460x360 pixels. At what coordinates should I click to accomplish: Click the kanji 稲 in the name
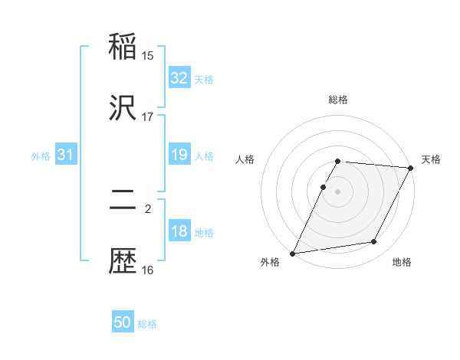[123, 46]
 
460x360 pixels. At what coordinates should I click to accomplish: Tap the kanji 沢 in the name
[123, 109]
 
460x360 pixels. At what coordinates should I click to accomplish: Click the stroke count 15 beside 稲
[148, 55]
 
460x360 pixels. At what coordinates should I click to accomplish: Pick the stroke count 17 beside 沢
[148, 117]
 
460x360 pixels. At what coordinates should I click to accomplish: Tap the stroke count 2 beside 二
[148, 208]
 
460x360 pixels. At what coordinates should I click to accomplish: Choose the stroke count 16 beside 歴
[148, 270]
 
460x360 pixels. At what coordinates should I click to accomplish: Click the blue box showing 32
[179, 78]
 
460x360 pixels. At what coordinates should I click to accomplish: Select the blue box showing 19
[179, 155]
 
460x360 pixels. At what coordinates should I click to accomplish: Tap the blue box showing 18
[179, 231]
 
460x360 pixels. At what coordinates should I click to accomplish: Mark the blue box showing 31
[65, 155]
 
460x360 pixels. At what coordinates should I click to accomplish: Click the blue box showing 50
[123, 322]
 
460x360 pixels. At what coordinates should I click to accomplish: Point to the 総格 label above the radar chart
[338, 100]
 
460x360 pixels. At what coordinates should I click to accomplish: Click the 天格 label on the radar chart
[431, 159]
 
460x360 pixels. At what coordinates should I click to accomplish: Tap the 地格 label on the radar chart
[402, 263]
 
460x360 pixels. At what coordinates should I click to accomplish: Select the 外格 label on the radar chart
[270, 263]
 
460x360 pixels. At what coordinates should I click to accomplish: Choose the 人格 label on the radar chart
[245, 159]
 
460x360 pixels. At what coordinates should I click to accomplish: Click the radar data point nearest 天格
[412, 168]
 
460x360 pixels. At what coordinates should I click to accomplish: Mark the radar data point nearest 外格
[292, 254]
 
